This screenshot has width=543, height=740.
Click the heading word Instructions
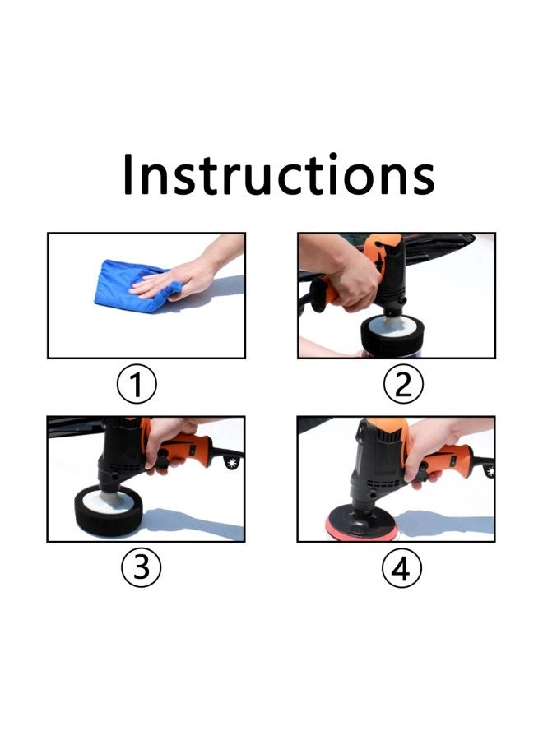tap(278, 175)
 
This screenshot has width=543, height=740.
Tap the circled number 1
tap(137, 385)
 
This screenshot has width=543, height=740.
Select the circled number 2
tap(402, 385)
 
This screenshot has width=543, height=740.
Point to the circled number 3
tap(141, 568)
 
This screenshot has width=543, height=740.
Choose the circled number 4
tap(401, 568)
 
